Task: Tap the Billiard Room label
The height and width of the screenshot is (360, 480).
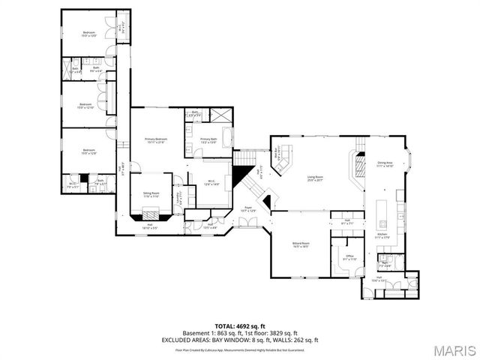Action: (301, 244)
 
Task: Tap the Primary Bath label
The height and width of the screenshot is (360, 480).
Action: (208, 139)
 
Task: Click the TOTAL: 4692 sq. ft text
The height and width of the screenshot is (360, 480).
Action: (240, 326)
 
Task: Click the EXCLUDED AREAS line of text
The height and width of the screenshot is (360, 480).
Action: (240, 340)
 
